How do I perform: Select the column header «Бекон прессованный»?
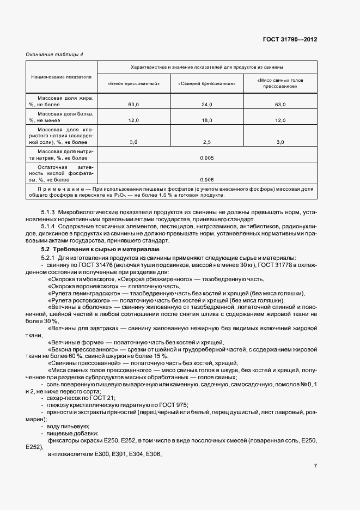coord(133,84)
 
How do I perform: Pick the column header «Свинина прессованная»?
coord(206,84)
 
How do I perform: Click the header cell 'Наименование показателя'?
coord(61,77)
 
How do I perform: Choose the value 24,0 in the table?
coord(206,104)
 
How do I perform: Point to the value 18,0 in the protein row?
coord(206,120)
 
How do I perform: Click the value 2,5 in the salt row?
coord(206,142)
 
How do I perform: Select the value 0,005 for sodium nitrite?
coord(206,158)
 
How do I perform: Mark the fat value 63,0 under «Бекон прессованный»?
coord(133,104)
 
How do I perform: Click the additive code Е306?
coord(155,454)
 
